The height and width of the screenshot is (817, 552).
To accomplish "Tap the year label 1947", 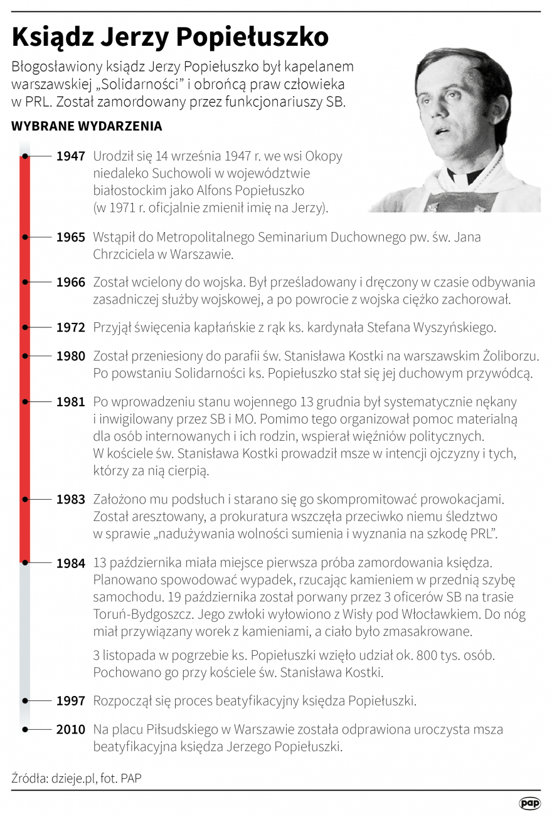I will (x=70, y=156).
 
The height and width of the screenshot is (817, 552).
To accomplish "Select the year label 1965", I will (x=70, y=238).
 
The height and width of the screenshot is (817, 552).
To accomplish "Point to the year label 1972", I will (x=70, y=327).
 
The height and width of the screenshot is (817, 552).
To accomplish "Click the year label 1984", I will (x=70, y=563).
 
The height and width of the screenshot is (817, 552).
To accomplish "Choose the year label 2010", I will (x=70, y=730).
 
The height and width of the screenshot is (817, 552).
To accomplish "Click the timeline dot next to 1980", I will (x=24, y=356).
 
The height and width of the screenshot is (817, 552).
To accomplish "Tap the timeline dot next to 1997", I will (x=24, y=700).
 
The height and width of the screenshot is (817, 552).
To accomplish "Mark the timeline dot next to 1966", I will (x=24, y=282).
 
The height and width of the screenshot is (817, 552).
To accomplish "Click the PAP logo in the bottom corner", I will (x=529, y=803).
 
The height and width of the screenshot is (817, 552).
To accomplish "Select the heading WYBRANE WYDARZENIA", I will (x=87, y=126).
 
